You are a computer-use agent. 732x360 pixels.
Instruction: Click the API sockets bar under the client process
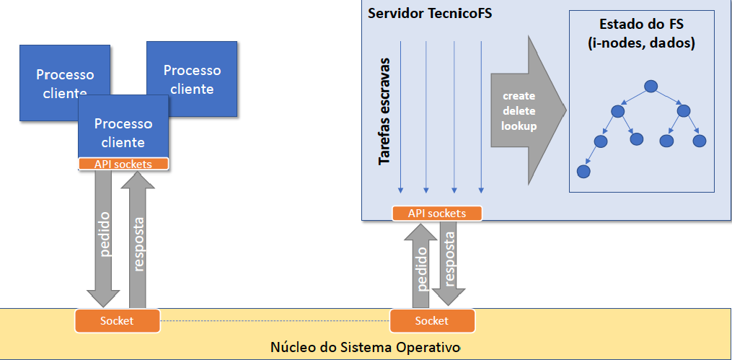[x=123, y=164]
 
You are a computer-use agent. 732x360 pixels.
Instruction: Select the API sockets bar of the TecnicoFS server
[x=436, y=214]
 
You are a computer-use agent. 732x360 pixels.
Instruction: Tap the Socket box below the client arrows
[x=117, y=320]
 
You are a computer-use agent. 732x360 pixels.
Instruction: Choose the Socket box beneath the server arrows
[x=431, y=320]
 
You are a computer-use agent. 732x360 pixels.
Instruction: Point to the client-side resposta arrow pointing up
[x=139, y=238]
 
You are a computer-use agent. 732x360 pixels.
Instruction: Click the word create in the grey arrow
[x=519, y=96]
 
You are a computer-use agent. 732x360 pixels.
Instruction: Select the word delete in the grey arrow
[x=519, y=111]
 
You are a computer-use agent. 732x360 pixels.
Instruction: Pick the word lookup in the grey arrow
[x=519, y=126]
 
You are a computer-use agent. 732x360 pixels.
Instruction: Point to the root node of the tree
[x=651, y=87]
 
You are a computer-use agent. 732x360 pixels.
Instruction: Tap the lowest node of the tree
[x=583, y=172]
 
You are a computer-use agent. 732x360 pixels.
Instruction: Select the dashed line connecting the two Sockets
[x=274, y=320]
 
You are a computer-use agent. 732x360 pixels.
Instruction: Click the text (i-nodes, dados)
[x=642, y=44]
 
